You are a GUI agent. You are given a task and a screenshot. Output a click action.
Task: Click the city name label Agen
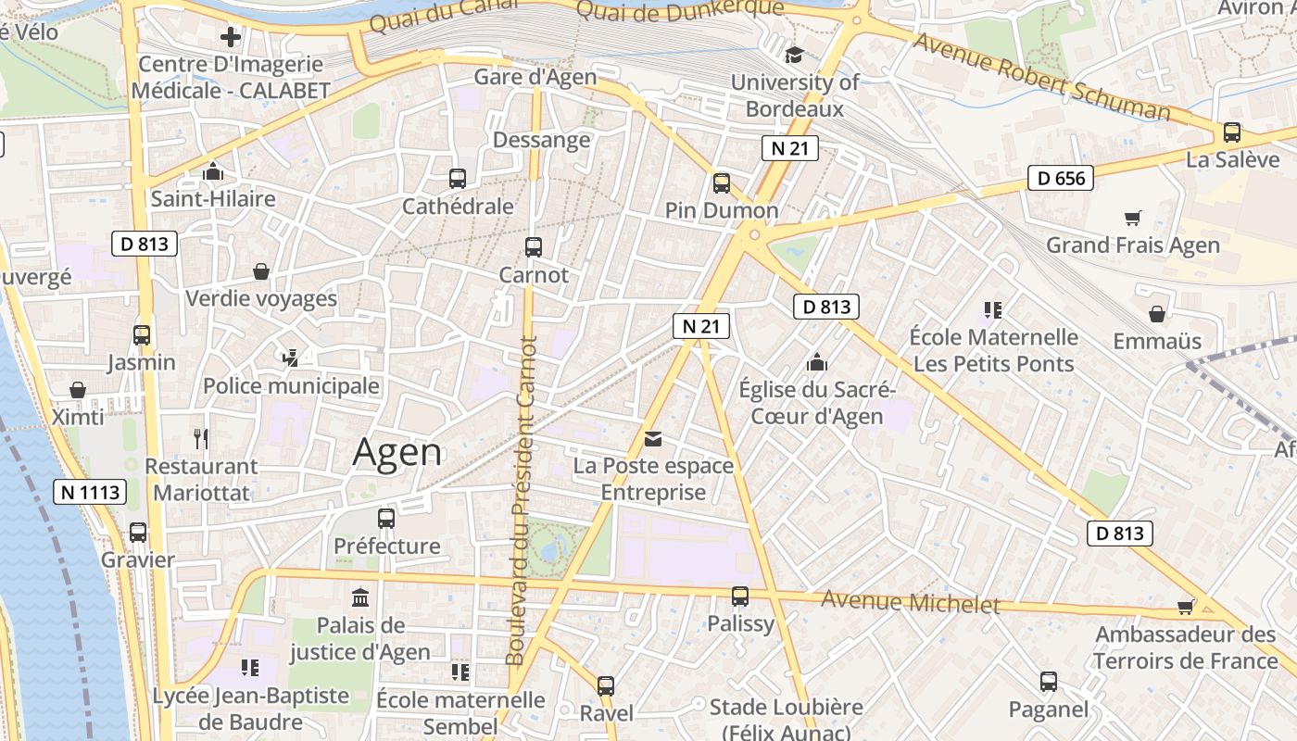[x=397, y=452]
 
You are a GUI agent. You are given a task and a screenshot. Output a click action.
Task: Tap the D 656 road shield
[x=1061, y=178]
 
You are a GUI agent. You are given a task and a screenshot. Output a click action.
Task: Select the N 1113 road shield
[x=90, y=492]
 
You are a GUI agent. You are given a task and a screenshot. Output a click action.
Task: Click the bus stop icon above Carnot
[x=533, y=246]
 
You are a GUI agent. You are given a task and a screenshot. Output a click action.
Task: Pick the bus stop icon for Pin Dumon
[x=722, y=183]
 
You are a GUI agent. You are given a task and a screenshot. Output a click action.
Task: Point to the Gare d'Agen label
[x=535, y=77]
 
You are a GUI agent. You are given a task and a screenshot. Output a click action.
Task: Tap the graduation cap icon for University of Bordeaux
[x=794, y=55]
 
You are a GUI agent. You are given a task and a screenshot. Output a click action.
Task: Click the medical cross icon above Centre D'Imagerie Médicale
[x=231, y=37]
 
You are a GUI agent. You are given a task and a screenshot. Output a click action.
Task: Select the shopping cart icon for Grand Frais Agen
[x=1132, y=219]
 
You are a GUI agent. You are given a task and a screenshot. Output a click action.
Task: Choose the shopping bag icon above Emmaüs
[x=1156, y=315]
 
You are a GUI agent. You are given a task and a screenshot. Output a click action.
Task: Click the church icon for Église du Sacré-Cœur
[x=816, y=361]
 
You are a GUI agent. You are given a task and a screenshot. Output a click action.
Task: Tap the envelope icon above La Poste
[x=653, y=438]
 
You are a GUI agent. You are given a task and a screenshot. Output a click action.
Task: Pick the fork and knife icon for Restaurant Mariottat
[x=200, y=438]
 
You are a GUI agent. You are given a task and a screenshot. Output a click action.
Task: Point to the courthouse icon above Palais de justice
[x=360, y=597]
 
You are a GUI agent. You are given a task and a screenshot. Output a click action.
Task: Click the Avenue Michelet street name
[x=911, y=603]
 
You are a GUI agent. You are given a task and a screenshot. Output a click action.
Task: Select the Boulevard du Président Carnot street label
[x=521, y=500]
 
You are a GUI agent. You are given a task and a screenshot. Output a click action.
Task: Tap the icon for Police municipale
[x=290, y=357]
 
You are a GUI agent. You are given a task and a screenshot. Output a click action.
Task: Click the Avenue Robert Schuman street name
[x=1042, y=78]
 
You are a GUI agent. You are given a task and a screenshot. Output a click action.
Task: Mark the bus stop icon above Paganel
[x=1049, y=682]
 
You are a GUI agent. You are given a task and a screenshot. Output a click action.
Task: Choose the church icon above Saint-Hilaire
[x=213, y=171]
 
